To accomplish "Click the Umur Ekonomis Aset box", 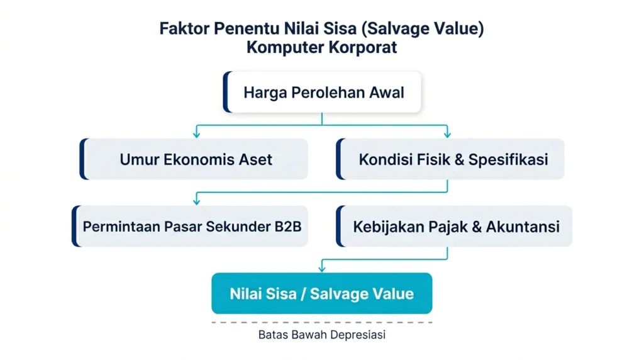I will [196, 159].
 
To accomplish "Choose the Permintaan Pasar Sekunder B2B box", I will [191, 226].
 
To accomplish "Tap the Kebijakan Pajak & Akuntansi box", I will [455, 226].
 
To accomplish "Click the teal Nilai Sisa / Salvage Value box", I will [321, 293].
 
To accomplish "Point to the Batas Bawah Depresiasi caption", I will [321, 335].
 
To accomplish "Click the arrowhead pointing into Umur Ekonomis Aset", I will [197, 134].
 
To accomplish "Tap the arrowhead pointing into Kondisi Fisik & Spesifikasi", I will [447, 134].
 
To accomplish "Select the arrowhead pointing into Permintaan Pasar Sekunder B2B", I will [197, 201].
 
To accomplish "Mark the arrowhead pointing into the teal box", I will [322, 269].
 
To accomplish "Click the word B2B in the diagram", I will [288, 226].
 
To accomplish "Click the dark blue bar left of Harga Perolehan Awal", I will [226, 93].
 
